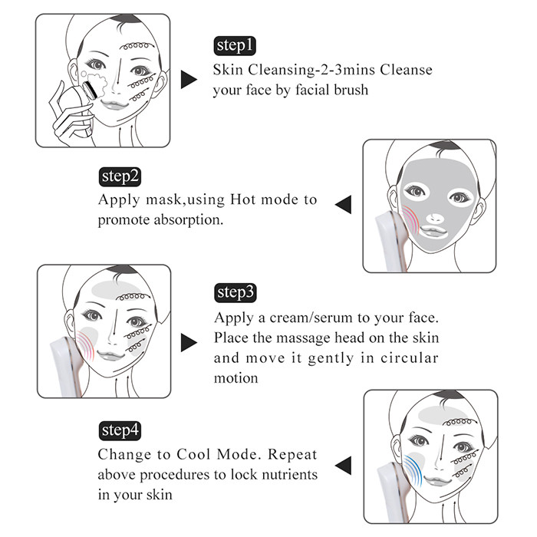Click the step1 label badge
235,46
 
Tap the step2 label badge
120,177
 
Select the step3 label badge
236,293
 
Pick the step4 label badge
120,431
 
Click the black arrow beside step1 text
189,80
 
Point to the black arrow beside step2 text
343,205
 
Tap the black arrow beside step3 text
189,342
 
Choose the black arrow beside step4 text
343,466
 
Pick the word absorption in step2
189,220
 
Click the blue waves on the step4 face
413,470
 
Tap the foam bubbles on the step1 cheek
96,81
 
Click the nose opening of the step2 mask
435,218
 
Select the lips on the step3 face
110,355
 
